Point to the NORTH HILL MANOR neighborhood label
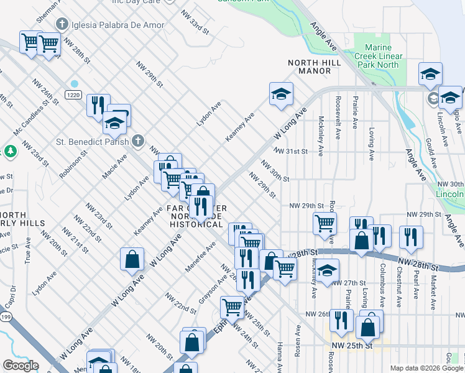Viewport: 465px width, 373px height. pyautogui.click(x=310, y=67)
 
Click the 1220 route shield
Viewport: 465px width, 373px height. pyautogui.click(x=73, y=95)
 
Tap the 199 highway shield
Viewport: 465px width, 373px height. pyautogui.click(x=5, y=317)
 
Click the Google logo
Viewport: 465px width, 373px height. pyautogui.click(x=21, y=366)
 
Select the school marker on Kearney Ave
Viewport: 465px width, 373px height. pyautogui.click(x=281, y=94)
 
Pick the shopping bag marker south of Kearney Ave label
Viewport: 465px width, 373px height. pyautogui.click(x=132, y=260)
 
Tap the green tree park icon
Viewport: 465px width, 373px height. pyautogui.click(x=10, y=151)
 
